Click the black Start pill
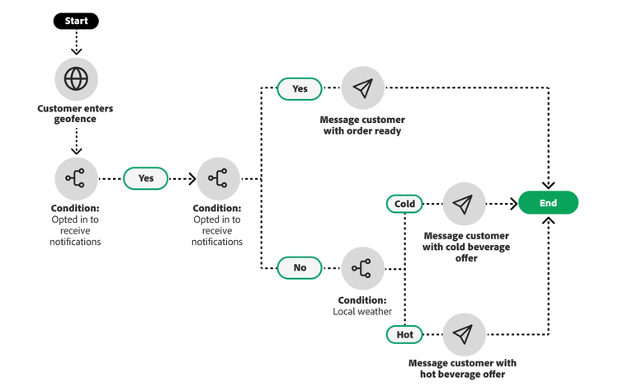[x=76, y=21]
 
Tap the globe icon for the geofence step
[x=76, y=78]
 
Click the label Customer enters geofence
[x=76, y=114]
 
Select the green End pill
[x=548, y=203]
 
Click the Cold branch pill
[x=404, y=203]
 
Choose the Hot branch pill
[x=404, y=334]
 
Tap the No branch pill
[x=300, y=267]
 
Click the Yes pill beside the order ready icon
[x=300, y=88]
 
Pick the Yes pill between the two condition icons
[x=145, y=177]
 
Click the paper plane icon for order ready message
[x=362, y=88]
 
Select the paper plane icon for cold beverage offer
[x=464, y=203]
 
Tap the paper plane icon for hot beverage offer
[x=464, y=334]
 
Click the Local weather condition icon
[x=362, y=267]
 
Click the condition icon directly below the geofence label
[x=76, y=177]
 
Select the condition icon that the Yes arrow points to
[x=218, y=177]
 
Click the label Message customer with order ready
[x=362, y=125]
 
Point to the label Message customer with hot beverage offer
[x=462, y=368]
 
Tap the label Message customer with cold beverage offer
[x=466, y=247]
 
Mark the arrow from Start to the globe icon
[x=76, y=43]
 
